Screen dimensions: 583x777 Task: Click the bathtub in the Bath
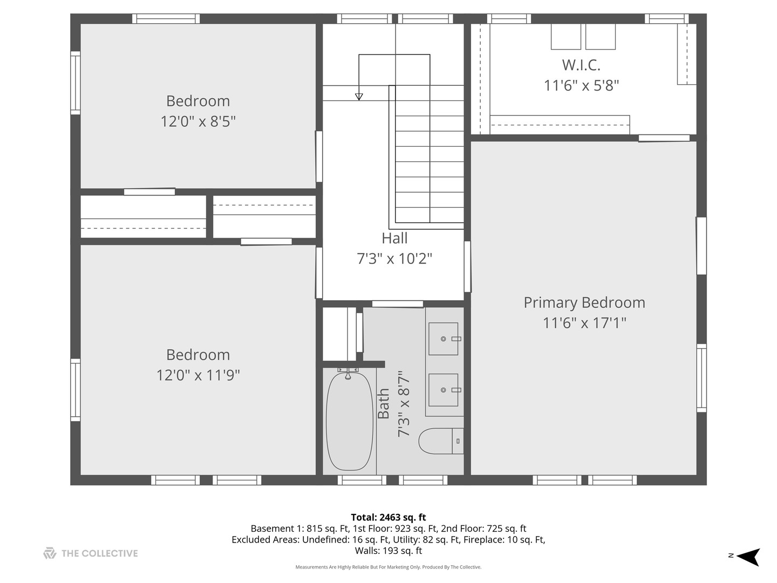349,421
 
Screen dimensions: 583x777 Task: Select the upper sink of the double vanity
444,339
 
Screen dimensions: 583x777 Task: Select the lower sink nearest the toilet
444,390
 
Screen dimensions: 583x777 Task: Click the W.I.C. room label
581,65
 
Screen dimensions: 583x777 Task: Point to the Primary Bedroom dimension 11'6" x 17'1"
584,323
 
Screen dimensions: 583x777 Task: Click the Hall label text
394,238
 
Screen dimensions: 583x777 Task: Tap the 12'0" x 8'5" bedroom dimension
198,121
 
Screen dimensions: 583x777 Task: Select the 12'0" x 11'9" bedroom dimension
198,375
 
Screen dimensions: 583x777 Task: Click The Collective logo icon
50,553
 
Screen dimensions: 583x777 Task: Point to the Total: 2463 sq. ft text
388,517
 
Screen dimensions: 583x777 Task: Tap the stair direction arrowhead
359,97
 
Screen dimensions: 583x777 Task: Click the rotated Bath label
384,404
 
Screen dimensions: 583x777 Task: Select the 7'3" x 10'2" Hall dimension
394,259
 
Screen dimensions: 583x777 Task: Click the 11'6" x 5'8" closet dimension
581,85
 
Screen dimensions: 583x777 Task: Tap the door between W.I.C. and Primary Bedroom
664,138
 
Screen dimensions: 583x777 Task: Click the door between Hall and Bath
398,304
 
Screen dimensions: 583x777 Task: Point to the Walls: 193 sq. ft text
388,551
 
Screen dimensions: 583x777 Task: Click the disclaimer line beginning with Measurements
388,567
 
